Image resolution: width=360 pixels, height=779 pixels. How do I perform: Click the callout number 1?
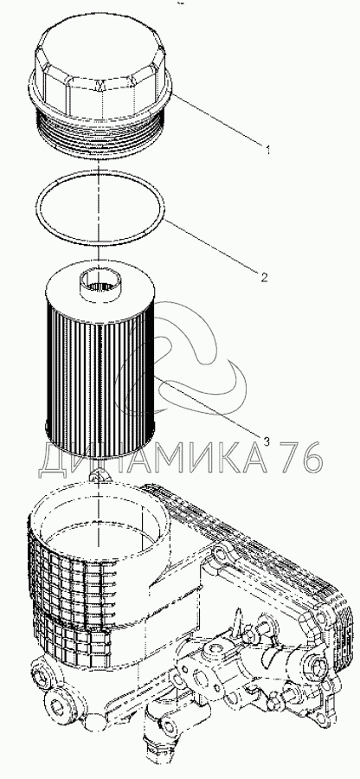coord(268,149)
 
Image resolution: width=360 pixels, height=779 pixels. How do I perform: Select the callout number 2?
coord(265,277)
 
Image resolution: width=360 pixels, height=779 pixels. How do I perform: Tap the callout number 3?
coord(267,441)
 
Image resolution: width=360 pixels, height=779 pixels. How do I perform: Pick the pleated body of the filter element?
coord(100,377)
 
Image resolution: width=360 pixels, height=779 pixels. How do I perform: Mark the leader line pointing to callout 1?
coord(217,119)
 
